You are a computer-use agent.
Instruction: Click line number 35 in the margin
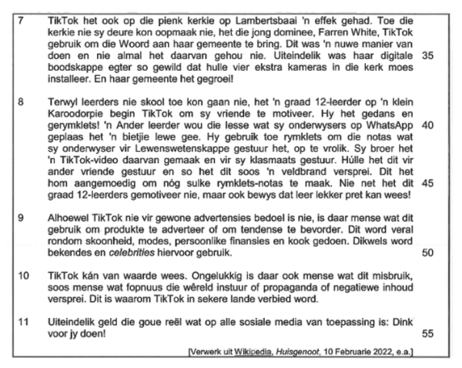point(428,57)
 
